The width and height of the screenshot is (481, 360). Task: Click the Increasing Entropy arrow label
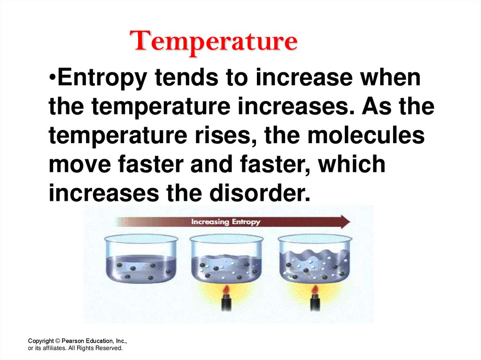pyautogui.click(x=225, y=222)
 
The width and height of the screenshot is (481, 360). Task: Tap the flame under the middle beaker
pyautogui.click(x=226, y=291)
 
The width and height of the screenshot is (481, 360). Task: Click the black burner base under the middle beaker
pyautogui.click(x=226, y=304)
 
